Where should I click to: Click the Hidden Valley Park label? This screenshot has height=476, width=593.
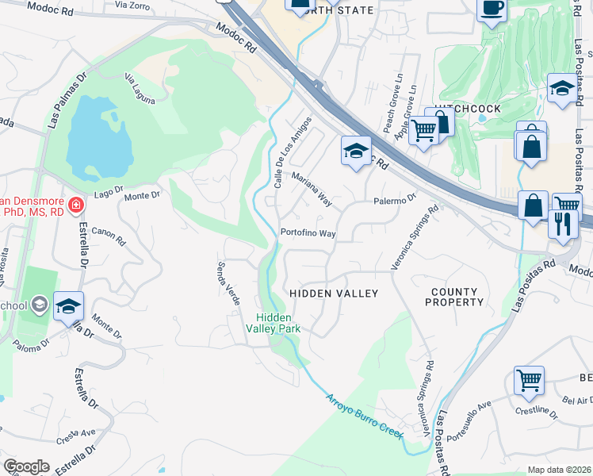pyautogui.click(x=273, y=323)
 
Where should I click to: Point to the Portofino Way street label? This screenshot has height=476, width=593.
pyautogui.click(x=308, y=234)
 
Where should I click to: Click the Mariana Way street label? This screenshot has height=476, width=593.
pyautogui.click(x=311, y=186)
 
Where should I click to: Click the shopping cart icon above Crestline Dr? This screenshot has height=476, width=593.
pyautogui.click(x=529, y=379)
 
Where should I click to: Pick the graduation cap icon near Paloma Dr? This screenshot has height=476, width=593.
pyautogui.click(x=68, y=305)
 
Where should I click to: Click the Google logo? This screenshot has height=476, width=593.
pyautogui.click(x=26, y=467)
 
